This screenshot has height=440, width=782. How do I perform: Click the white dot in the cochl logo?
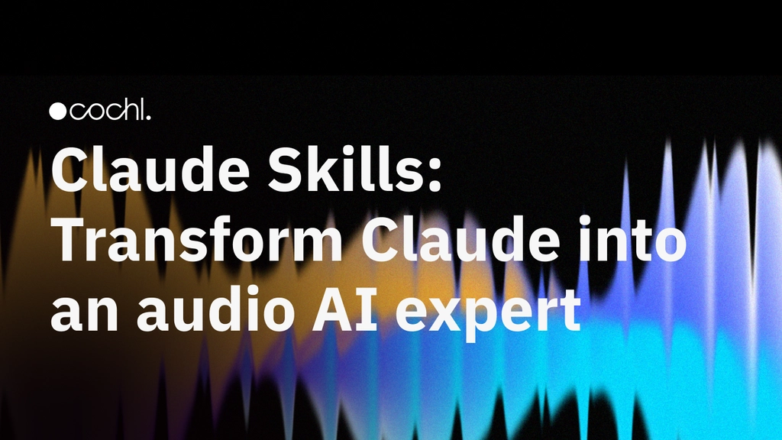[58, 112]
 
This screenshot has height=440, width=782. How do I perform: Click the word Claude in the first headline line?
[150, 168]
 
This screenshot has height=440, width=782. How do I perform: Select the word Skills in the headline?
[346, 168]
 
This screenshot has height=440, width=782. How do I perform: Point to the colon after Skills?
[435, 175]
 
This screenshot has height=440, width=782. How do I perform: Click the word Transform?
[197, 238]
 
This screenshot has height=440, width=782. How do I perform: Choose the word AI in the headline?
[344, 309]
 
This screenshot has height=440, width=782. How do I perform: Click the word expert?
[489, 314]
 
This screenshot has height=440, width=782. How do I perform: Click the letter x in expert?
[449, 312]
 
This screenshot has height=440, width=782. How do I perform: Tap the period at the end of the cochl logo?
[147, 117]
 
